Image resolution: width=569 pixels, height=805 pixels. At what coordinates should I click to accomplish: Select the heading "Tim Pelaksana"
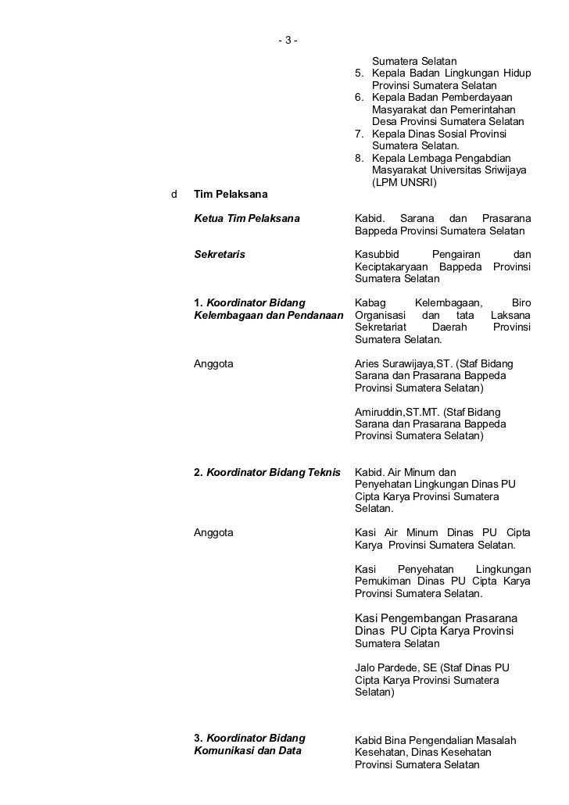pyautogui.click(x=231, y=194)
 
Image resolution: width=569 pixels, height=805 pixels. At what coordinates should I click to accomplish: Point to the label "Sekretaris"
pyautogui.click(x=219, y=254)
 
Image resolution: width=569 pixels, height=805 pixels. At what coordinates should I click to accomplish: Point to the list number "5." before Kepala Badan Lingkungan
pyautogui.click(x=360, y=73)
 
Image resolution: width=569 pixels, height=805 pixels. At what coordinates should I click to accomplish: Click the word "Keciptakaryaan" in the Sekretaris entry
pyautogui.click(x=389, y=267)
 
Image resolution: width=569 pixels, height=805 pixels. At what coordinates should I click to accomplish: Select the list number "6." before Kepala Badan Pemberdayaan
pyautogui.click(x=360, y=98)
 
